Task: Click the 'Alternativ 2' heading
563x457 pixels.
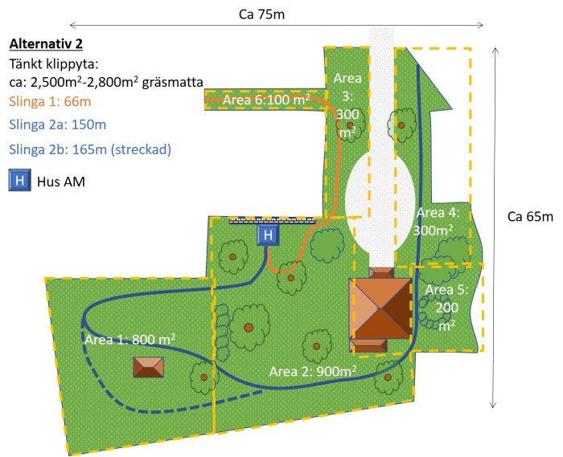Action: pos(46,43)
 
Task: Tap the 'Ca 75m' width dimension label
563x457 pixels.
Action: pos(261,14)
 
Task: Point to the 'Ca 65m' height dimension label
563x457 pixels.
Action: pos(530,217)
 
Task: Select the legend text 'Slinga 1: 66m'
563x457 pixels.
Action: pos(50,101)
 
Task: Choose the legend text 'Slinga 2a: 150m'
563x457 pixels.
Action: pos(57,124)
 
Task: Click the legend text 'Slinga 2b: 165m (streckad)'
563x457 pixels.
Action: pos(90,149)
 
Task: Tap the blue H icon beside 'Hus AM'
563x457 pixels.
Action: pos(20,180)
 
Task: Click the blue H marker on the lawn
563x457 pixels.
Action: pos(268,235)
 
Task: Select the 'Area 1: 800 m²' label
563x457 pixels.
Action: pos(130,339)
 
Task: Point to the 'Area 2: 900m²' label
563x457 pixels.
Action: pos(313,371)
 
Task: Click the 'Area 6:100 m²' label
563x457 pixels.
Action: pos(266,100)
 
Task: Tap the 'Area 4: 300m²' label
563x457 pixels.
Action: pos(438,222)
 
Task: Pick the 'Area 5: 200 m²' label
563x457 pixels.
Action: pos(446,307)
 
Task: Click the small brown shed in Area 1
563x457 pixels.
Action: pos(148,367)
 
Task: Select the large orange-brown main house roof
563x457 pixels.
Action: pos(380,308)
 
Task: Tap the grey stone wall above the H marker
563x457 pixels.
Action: pos(272,220)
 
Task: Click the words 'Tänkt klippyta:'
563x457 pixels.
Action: pos(54,64)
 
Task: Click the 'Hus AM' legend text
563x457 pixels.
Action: pos(61,182)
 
